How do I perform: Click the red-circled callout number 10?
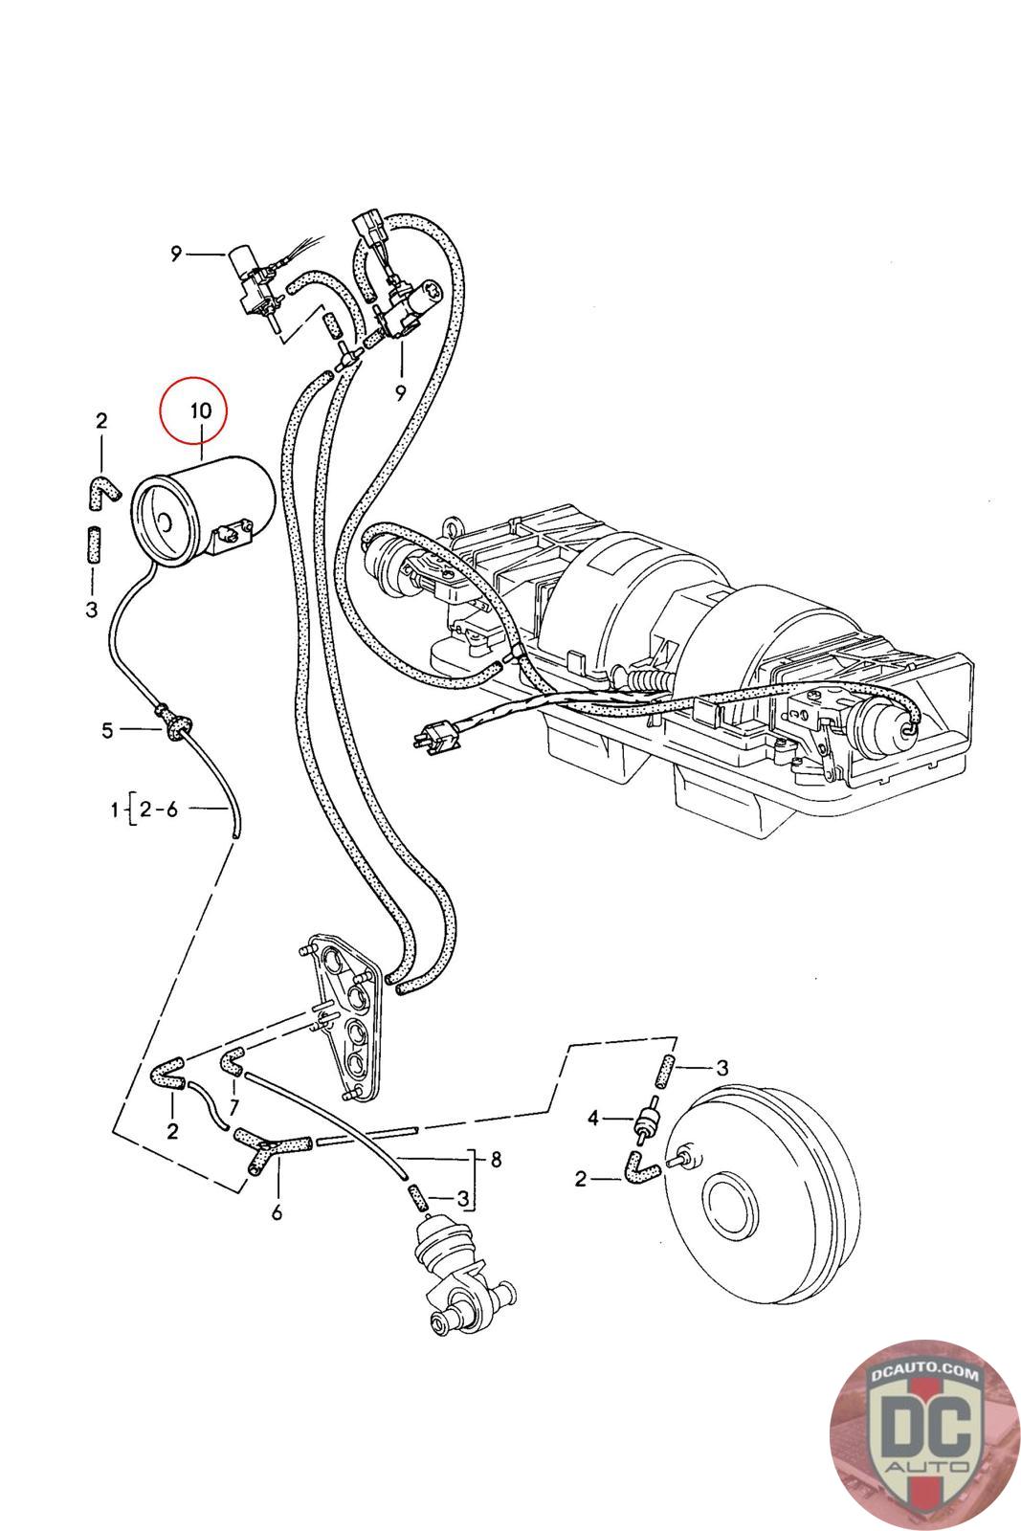[201, 410]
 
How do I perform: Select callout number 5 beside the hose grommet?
[106, 730]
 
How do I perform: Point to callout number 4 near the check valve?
[592, 1119]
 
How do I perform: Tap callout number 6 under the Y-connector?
[277, 1212]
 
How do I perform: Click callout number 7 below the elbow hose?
[234, 1106]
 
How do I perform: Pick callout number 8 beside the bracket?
[497, 1158]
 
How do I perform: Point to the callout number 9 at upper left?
[176, 255]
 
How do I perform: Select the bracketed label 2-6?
[158, 810]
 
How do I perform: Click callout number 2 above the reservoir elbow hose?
[101, 420]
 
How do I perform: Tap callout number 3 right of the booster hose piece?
[721, 1068]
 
